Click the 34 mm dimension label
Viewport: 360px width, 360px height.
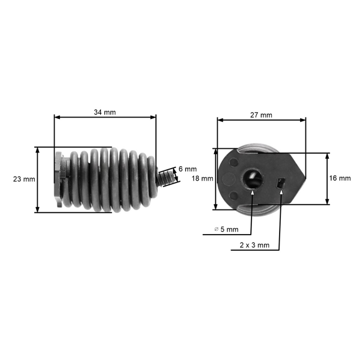click(105, 112)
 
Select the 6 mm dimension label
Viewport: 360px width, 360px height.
click(188, 169)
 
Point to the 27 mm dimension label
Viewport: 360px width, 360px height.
click(261, 115)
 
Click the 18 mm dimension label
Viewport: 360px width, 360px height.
click(202, 179)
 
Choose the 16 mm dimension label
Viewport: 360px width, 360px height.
click(340, 178)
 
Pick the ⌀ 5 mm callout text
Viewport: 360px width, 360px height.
click(226, 229)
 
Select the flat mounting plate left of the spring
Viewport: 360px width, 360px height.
click(58, 179)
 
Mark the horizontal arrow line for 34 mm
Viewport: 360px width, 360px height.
click(105, 118)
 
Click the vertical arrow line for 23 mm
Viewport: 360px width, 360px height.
click(38, 179)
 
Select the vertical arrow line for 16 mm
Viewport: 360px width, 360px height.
click(327, 178)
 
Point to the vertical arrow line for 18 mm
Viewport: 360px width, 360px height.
click(216, 179)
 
